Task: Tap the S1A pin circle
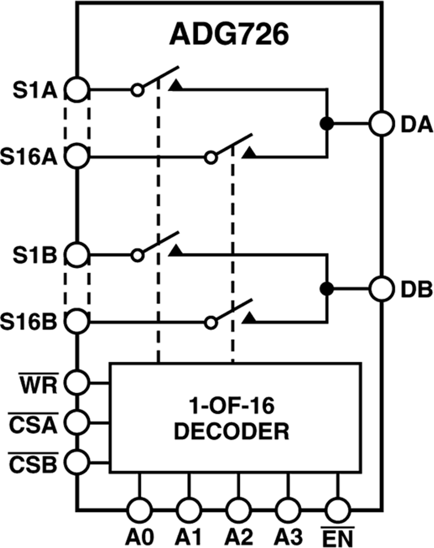click(77, 90)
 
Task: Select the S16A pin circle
click(77, 156)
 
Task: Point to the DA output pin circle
click(381, 123)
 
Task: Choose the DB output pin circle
click(381, 289)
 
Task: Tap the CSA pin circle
click(77, 423)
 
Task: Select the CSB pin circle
click(77, 462)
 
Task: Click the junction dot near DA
click(327, 123)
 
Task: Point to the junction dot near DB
click(327, 289)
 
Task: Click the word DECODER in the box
click(231, 431)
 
